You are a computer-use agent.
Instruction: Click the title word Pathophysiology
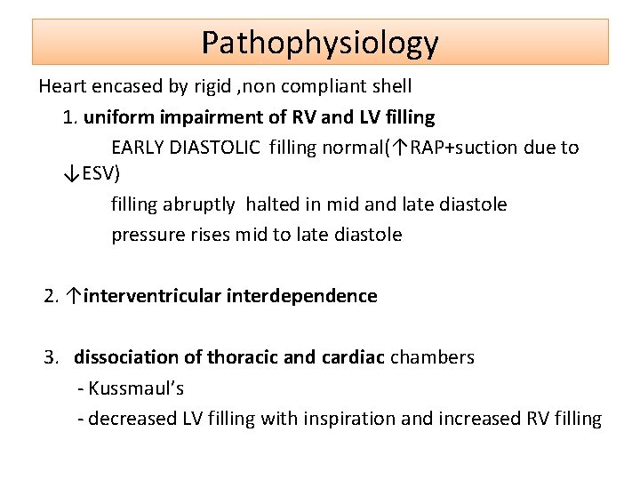(x=320, y=43)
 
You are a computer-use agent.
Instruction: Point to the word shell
(x=391, y=87)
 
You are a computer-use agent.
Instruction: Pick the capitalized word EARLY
(x=138, y=148)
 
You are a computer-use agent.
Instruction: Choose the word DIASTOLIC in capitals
(x=219, y=148)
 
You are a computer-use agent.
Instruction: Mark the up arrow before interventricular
(x=76, y=296)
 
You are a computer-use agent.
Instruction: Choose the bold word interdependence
(x=302, y=296)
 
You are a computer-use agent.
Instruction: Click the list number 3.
(x=51, y=357)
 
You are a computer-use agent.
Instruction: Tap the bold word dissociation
(x=125, y=357)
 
